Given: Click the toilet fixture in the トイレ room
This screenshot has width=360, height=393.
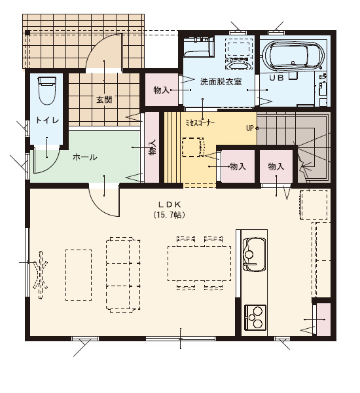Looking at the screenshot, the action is [x=46, y=90].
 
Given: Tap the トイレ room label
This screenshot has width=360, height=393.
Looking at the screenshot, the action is [x=47, y=121].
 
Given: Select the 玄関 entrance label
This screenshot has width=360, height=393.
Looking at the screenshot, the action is [x=104, y=100].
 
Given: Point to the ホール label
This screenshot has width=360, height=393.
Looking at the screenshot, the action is [x=84, y=157].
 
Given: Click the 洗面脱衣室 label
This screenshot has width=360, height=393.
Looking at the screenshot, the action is [x=221, y=82].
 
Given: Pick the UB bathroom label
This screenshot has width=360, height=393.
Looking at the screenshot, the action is [x=277, y=78].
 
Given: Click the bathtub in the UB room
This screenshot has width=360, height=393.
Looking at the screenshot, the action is [x=293, y=56].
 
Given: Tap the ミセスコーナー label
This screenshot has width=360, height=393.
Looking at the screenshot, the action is [x=200, y=123].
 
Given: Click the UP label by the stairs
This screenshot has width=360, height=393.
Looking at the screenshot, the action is [x=250, y=128].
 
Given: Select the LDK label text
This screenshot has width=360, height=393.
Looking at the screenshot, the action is [x=170, y=204].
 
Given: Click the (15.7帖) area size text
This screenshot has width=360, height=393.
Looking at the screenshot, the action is [x=170, y=215].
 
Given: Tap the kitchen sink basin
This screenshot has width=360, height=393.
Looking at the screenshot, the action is [x=254, y=254].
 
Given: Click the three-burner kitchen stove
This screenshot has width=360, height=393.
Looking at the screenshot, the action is [x=255, y=317].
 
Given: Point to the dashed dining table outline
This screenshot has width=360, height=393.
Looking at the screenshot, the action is [x=200, y=264].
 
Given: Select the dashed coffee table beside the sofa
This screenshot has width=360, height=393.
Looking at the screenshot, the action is [x=79, y=275].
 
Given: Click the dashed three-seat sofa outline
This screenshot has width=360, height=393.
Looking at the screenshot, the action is [x=123, y=274].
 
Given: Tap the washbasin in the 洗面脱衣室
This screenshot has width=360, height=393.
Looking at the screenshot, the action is [x=238, y=65].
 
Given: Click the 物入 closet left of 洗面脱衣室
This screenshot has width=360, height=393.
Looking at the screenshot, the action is [x=162, y=90].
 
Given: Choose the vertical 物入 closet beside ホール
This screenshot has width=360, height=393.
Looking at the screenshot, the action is [x=152, y=147].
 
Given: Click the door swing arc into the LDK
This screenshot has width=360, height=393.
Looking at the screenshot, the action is [x=99, y=206].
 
